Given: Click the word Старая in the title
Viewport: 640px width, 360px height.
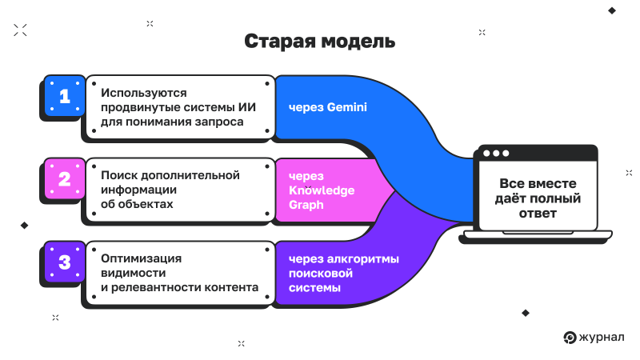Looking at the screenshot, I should (277, 42).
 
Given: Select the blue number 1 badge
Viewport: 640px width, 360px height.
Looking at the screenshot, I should (64, 96).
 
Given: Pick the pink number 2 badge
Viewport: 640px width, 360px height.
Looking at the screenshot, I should (64, 179).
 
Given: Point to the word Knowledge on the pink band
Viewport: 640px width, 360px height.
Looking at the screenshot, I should (321, 190).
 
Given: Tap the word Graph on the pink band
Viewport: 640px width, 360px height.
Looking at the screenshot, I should (307, 204).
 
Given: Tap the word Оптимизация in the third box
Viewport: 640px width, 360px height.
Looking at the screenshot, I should (142, 258).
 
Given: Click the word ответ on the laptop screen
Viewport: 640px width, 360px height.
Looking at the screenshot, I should (536, 213).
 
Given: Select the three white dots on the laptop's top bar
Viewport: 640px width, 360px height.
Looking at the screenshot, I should (495, 153).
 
